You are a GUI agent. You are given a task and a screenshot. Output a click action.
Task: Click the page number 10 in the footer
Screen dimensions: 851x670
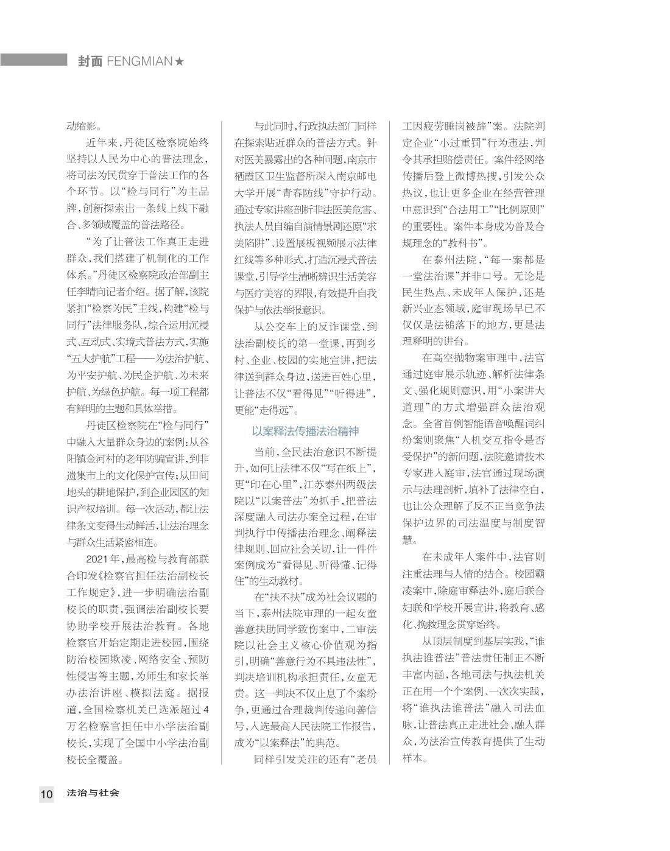(x=47, y=794)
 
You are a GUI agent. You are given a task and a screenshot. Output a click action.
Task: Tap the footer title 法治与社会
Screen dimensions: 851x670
(x=93, y=793)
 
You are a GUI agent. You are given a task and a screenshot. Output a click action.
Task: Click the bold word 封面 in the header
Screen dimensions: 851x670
(x=90, y=61)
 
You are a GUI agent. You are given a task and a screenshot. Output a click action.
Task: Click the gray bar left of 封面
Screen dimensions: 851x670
(x=33, y=60)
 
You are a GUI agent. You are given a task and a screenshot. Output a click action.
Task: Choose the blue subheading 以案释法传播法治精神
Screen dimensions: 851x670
(x=305, y=432)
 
